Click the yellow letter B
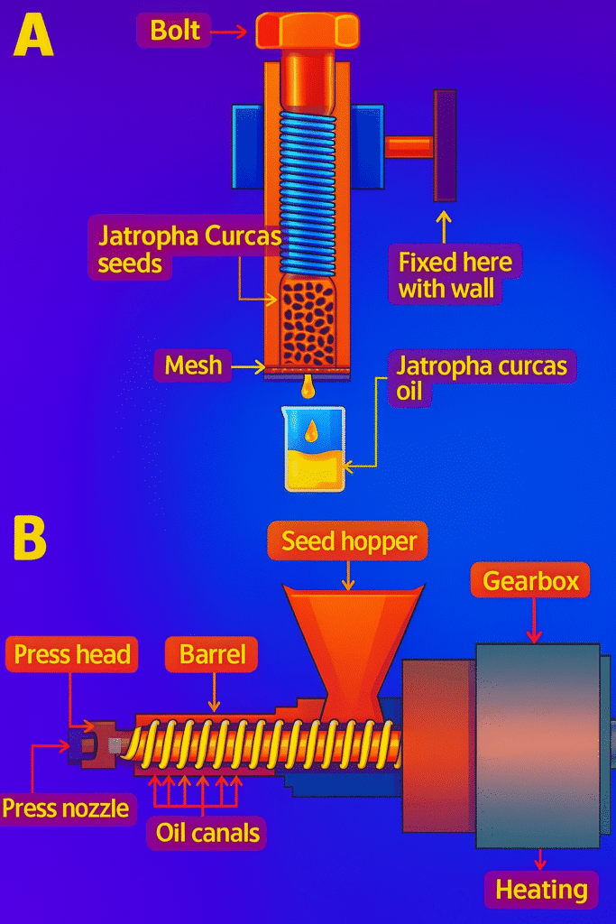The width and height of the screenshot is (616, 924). [x=30, y=540]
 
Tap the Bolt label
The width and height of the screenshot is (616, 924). [x=175, y=31]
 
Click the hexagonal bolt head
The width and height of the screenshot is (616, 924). [x=307, y=31]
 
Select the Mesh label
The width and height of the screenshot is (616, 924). [x=193, y=365]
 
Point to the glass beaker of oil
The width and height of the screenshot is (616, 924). [x=314, y=448]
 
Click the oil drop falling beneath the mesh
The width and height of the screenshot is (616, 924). [x=309, y=388]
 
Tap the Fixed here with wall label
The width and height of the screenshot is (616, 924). [x=455, y=276]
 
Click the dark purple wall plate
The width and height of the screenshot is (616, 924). [x=445, y=145]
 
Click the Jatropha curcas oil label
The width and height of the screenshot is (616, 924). [x=482, y=379]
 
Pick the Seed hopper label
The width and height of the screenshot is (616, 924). [x=349, y=541]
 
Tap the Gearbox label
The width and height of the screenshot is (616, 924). [x=530, y=581]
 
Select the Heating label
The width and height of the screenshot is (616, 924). [x=541, y=891]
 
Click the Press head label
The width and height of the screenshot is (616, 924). [x=72, y=654]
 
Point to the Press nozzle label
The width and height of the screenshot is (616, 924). [x=65, y=808]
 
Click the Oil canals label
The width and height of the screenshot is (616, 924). [x=207, y=832]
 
